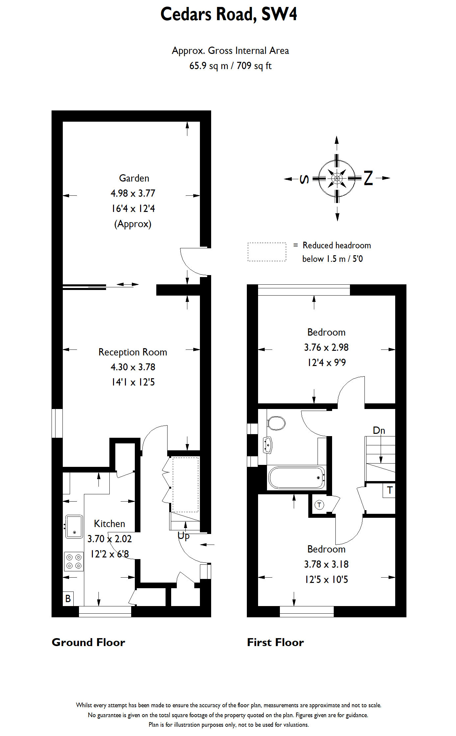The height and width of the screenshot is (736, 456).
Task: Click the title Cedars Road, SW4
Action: click(229, 15)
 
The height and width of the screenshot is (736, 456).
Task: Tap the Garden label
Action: click(134, 178)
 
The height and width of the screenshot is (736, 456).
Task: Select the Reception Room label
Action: click(133, 352)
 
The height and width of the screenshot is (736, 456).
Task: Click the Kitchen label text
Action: click(109, 524)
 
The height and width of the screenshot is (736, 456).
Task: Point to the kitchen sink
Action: click(74, 526)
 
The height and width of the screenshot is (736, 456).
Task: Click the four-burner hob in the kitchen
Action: click(74, 561)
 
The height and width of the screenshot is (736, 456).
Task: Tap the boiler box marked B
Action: click(68, 598)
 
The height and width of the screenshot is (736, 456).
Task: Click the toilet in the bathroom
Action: click(276, 423)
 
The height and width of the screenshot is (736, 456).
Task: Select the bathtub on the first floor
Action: click(296, 478)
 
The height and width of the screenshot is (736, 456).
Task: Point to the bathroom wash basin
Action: click(268, 445)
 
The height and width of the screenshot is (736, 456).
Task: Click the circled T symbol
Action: click(319, 505)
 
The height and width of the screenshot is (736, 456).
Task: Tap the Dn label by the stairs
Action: click(379, 430)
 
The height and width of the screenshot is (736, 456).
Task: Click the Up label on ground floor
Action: click(183, 536)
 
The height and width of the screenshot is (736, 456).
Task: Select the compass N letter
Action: click(368, 178)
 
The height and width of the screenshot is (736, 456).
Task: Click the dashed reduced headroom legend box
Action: click(267, 252)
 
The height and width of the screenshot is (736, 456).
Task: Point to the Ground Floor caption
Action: click(88, 642)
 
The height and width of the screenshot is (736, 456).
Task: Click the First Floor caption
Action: click(275, 642)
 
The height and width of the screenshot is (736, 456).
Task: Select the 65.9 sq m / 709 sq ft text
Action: click(230, 66)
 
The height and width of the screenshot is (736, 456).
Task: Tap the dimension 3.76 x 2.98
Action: click(326, 348)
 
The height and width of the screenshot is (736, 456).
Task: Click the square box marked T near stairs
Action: click(390, 490)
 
